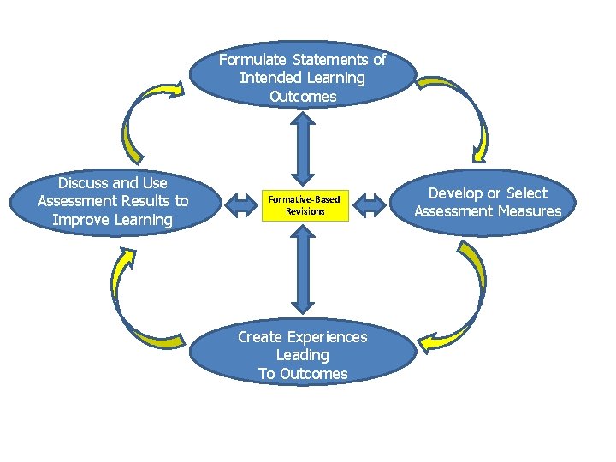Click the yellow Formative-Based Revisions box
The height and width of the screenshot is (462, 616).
tap(305, 205)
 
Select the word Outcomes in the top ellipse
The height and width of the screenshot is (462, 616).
tap(303, 97)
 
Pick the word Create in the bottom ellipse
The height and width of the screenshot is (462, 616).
tap(260, 337)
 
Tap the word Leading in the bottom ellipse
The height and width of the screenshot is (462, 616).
tap(302, 355)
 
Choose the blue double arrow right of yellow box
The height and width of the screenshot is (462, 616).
tap(370, 205)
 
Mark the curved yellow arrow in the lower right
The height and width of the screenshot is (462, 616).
tap(467, 299)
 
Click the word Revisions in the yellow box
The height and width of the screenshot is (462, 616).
tap(305, 211)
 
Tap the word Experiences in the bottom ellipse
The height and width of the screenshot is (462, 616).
tap(329, 337)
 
